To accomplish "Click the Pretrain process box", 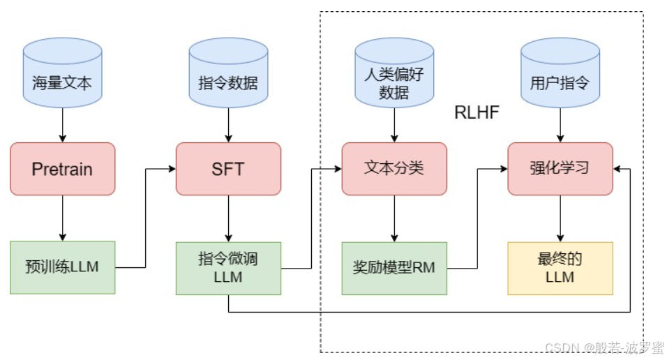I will tap(62, 169).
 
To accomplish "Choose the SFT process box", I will tap(228, 169).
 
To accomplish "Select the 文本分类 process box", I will tap(394, 169).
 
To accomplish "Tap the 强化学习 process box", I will tap(560, 169).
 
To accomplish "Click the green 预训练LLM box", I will tap(62, 267).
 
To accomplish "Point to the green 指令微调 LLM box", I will tap(228, 268).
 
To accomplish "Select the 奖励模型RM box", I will tap(394, 268).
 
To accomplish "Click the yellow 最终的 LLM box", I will tap(560, 268).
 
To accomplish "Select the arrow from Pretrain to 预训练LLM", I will tap(62, 218).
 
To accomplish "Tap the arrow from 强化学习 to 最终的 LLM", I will tap(560, 218).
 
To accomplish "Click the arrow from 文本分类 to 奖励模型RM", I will tap(394, 218).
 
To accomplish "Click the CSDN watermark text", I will tap(604, 347).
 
